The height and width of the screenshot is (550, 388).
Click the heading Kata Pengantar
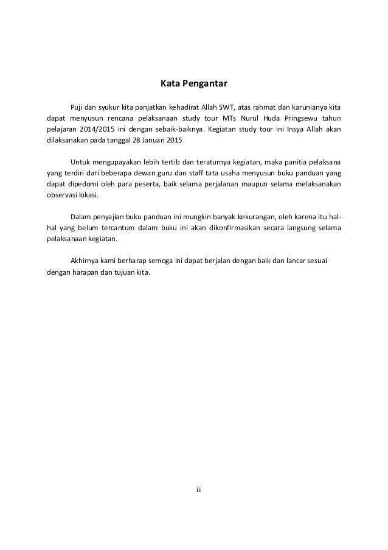point(193,81)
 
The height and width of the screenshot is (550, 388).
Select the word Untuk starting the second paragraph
point(81,164)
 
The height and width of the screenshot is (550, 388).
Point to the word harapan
point(83,273)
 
